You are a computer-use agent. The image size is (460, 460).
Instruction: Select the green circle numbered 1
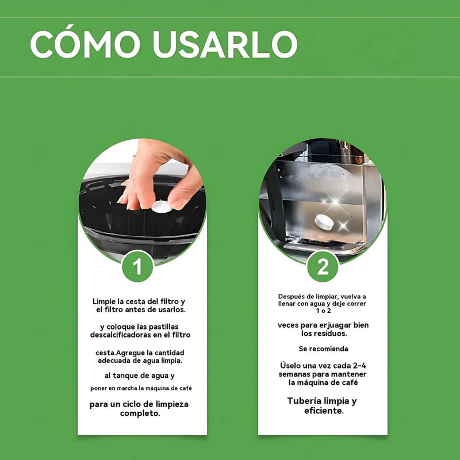137,266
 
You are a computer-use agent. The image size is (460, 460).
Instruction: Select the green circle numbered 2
323,266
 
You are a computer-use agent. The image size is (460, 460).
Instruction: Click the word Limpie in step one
106,301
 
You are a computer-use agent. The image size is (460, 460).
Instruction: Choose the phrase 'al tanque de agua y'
140,375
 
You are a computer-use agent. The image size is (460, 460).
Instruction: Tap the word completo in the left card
140,413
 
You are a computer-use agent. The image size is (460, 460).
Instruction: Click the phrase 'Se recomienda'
323,349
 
